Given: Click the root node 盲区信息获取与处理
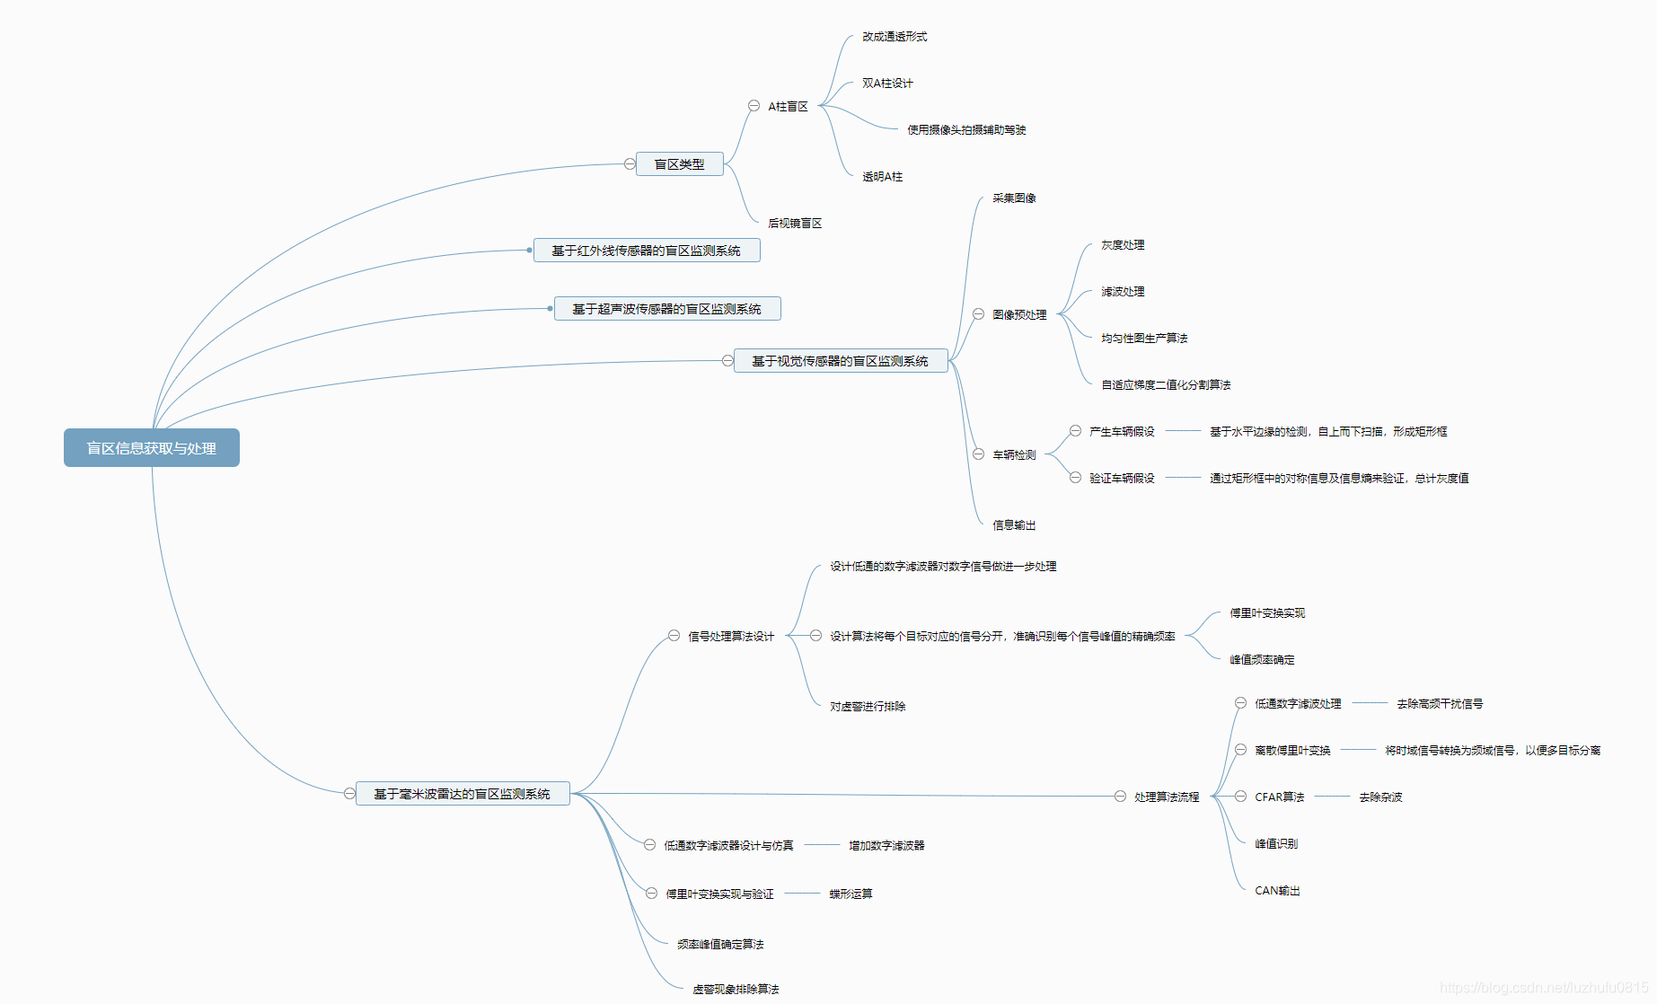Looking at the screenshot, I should click(151, 448).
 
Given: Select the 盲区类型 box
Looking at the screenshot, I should click(679, 164).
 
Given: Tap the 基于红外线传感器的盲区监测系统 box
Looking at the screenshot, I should click(646, 251).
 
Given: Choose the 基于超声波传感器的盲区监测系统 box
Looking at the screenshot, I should click(666, 309).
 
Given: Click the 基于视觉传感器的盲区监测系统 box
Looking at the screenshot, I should click(840, 361).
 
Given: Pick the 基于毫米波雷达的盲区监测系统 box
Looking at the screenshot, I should click(462, 794).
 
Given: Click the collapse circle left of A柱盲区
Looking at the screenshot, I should click(754, 106).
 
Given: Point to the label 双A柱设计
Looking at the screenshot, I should click(887, 84).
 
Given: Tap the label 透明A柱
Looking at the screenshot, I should click(882, 177).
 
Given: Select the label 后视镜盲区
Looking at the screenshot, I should click(795, 224).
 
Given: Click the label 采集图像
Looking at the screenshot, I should click(1014, 198).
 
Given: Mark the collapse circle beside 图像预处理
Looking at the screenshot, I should click(978, 314).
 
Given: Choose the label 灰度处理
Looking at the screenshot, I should click(1123, 245).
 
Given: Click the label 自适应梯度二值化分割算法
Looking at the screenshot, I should click(1166, 385).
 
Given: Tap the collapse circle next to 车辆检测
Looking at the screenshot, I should click(978, 454).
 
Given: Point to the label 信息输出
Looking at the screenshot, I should click(1014, 525).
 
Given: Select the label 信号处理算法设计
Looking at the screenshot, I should click(730, 637).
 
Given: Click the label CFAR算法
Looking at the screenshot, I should click(1279, 797).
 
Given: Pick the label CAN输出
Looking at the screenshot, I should click(1277, 891).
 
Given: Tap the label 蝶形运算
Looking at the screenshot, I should click(851, 894).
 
